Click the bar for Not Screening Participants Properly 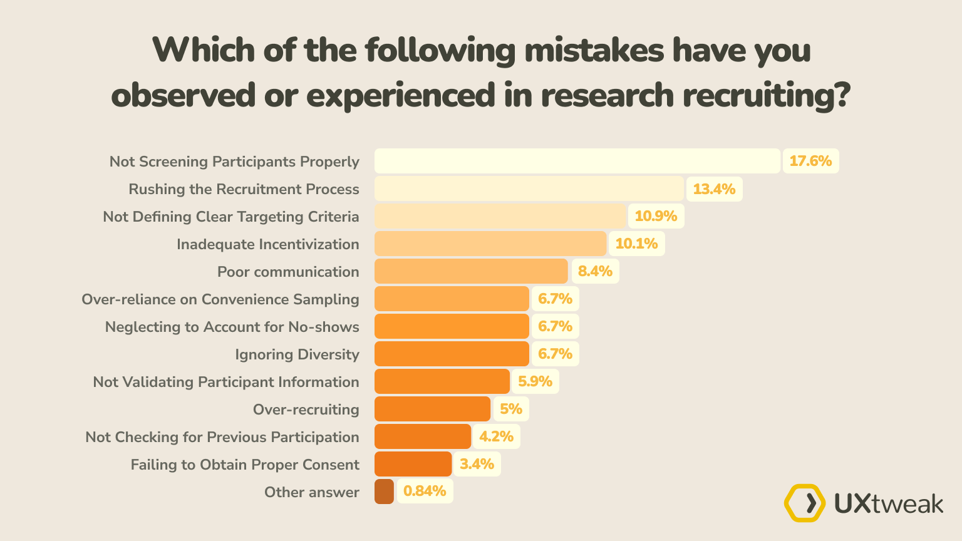[577, 161]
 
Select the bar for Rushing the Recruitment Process [529, 188]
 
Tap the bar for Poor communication [471, 271]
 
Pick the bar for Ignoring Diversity [452, 354]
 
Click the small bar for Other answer [384, 492]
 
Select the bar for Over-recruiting [432, 409]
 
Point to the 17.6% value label [810, 161]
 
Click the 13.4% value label [714, 188]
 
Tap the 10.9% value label [656, 216]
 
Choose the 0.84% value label [425, 492]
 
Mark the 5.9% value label [535, 381]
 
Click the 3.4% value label [477, 464]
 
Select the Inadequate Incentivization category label [267, 244]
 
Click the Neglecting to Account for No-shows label [232, 327]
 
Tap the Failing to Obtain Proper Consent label [245, 465]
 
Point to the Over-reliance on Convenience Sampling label [220, 299]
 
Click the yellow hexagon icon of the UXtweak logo [805, 503]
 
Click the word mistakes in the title [594, 50]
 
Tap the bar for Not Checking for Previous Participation [423, 436]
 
